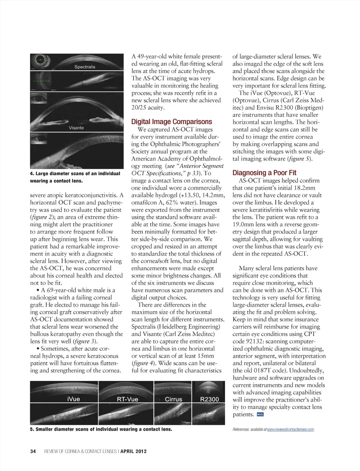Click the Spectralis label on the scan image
[x=85, y=67]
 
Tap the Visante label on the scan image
[x=76, y=128]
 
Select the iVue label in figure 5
[x=73, y=399]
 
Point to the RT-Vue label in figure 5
[x=127, y=399]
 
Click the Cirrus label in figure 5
[x=173, y=399]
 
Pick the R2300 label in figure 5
[x=209, y=399]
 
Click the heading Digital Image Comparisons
[x=171, y=122]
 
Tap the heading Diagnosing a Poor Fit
[x=264, y=173]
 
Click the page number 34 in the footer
[x=33, y=451]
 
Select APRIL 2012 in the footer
[x=133, y=451]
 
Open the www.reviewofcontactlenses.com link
[x=290, y=429]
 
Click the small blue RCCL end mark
[x=260, y=414]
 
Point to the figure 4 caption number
[x=31, y=174]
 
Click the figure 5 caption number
[x=31, y=429]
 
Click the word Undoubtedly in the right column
[x=302, y=371]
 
